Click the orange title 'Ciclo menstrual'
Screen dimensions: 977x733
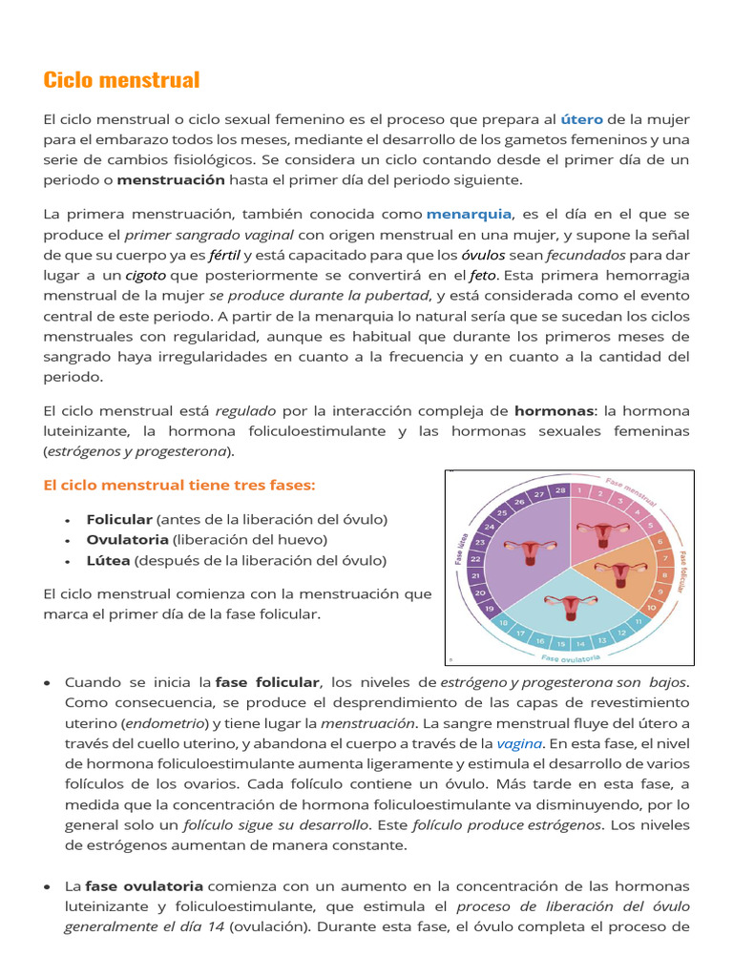(121, 80)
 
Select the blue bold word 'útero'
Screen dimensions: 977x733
(581, 119)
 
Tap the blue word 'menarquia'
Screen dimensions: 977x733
(469, 214)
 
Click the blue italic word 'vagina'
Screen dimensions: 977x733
(519, 743)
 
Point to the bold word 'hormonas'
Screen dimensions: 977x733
(554, 411)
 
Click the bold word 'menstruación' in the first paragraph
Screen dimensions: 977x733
(171, 179)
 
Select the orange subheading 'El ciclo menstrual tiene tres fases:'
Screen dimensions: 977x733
(178, 485)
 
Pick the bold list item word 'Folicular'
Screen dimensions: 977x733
(119, 519)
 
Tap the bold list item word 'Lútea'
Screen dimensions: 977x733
(107, 561)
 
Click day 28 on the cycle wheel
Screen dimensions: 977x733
(560, 490)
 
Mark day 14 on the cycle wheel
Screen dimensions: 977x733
(581, 644)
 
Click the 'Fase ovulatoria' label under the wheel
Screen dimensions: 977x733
(571, 657)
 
